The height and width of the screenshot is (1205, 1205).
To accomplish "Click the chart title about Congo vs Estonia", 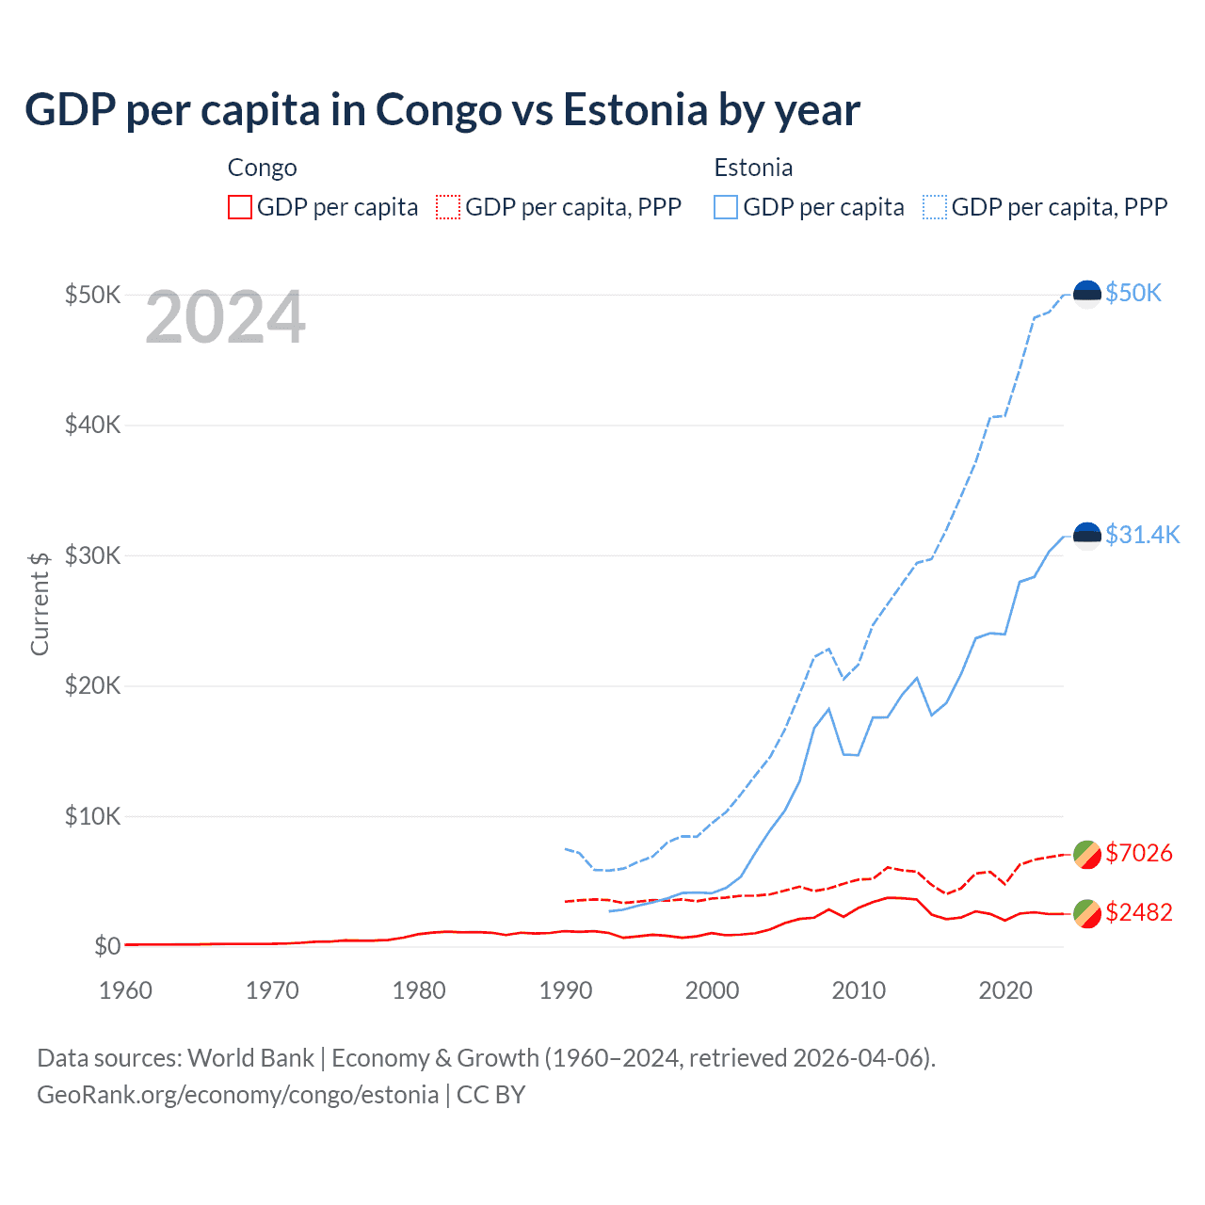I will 442,110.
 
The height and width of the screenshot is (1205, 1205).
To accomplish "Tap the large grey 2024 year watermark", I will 225,318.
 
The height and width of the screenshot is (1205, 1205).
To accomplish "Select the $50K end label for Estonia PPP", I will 1133,294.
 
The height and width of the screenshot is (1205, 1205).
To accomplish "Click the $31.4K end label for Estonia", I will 1142,536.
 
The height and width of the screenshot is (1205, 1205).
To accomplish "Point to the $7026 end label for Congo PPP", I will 1138,853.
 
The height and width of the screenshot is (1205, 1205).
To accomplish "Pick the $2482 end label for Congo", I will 1138,912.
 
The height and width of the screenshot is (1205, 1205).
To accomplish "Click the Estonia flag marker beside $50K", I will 1087,295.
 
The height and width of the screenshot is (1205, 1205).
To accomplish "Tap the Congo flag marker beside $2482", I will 1087,913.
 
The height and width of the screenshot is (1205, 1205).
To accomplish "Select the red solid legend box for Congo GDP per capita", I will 240,207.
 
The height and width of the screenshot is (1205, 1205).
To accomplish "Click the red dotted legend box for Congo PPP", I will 448,207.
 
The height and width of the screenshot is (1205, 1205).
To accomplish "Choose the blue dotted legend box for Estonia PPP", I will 935,207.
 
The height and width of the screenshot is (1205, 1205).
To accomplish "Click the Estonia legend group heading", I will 753,168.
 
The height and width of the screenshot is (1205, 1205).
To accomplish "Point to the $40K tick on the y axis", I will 92,425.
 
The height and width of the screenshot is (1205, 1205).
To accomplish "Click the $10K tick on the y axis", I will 92,816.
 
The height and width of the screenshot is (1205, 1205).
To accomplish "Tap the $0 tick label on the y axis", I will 107,946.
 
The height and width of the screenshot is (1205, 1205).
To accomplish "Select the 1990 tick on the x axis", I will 566,990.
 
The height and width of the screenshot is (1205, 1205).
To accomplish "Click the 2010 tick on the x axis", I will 859,990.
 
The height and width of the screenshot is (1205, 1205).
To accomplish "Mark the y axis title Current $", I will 40,603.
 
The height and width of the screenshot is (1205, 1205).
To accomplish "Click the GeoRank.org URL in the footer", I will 237,1095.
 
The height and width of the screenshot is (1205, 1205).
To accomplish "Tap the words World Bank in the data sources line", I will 250,1058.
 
